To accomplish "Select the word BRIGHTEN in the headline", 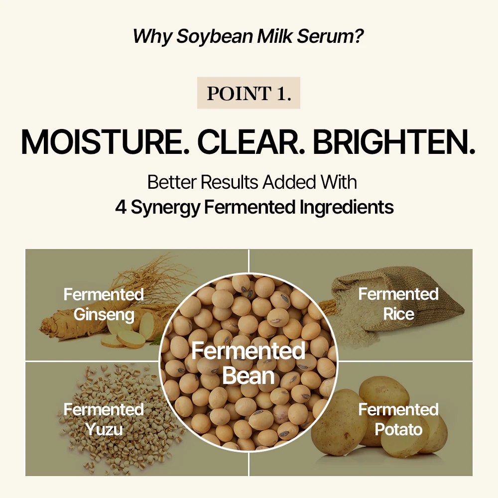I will click(394, 142).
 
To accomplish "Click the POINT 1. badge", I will click(249, 93).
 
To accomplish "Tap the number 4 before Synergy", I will click(121, 207).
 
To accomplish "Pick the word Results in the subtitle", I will click(230, 182).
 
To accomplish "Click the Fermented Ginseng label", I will click(104, 304).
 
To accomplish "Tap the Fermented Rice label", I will click(398, 304).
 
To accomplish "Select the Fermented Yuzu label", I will click(104, 419).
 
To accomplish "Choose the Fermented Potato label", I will click(398, 419).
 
